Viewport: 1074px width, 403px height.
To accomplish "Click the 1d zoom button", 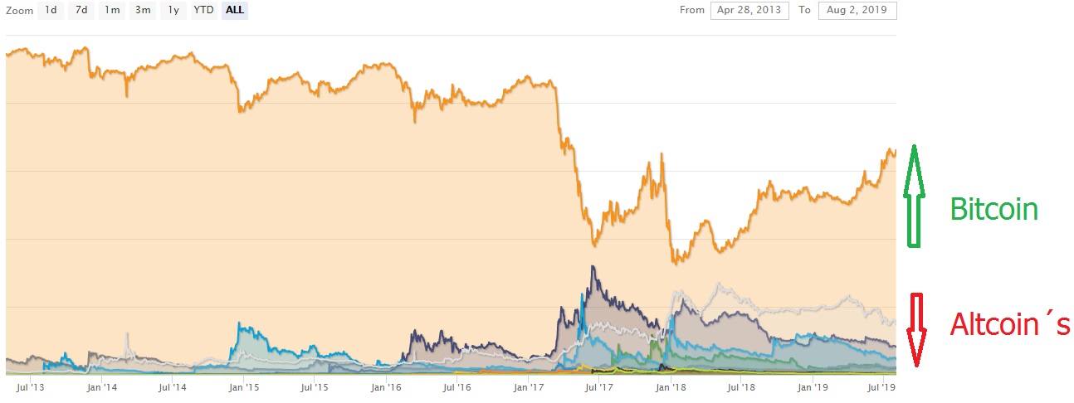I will point(51,11).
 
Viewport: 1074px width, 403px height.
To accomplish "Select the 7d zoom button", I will point(81,11).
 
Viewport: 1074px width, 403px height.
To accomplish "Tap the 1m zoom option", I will point(112,11).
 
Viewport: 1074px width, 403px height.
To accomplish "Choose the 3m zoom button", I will point(143,11).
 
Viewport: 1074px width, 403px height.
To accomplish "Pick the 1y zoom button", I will point(173,11).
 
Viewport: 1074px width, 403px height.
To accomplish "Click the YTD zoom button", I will point(203,11).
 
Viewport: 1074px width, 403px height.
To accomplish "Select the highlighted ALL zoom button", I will point(235,11).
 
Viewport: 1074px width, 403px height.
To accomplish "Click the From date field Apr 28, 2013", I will point(749,11).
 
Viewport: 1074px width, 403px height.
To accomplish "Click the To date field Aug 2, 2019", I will point(857,11).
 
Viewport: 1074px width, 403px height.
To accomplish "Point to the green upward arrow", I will point(914,196).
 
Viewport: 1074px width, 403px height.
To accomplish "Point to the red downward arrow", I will point(916,329).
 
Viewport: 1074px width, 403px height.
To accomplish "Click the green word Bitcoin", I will point(993,209).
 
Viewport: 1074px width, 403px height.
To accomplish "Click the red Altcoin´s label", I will point(1009,324).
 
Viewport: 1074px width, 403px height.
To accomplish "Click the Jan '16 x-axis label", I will point(386,387).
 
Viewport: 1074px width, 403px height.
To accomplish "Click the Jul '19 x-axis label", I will point(882,387).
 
